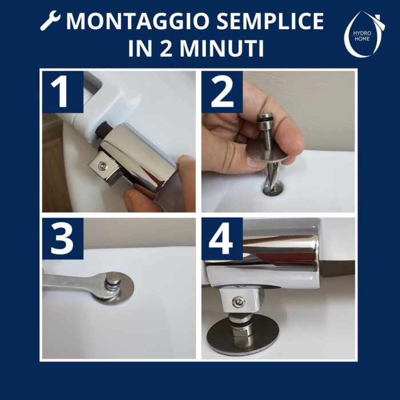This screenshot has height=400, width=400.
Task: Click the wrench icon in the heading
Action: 50,21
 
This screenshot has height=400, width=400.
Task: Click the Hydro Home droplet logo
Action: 363,34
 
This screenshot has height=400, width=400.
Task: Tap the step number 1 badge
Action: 63,92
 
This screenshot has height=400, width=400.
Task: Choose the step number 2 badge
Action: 222,92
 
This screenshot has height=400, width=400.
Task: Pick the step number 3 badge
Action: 63,238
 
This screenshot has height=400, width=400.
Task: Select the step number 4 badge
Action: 222,238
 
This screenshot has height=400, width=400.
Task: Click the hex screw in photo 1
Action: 103,166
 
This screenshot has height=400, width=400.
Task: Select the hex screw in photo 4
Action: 239,302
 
